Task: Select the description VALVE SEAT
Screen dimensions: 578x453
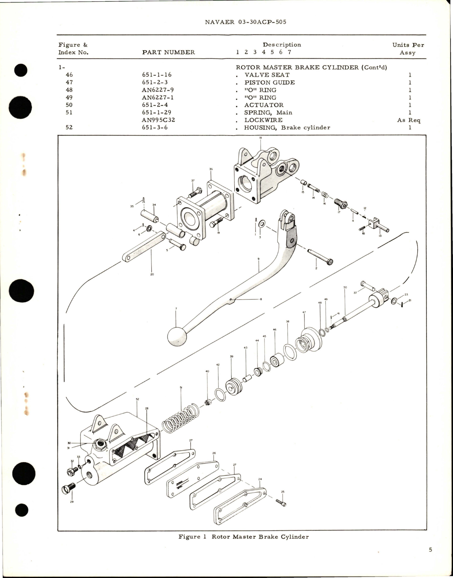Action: pyautogui.click(x=267, y=75)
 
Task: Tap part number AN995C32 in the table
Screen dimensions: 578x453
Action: pyautogui.click(x=159, y=120)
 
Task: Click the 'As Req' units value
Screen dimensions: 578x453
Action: pyautogui.click(x=409, y=120)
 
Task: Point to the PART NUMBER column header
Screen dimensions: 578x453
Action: pyautogui.click(x=168, y=52)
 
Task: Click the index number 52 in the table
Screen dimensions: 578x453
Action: pyautogui.click(x=69, y=127)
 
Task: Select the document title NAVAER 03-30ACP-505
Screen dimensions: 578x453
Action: pyautogui.click(x=245, y=22)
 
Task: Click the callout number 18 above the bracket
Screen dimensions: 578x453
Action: pyautogui.click(x=260, y=138)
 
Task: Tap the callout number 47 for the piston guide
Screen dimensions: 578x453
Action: pyautogui.click(x=304, y=312)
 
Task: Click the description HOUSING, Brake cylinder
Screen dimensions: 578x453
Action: pyautogui.click(x=287, y=127)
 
